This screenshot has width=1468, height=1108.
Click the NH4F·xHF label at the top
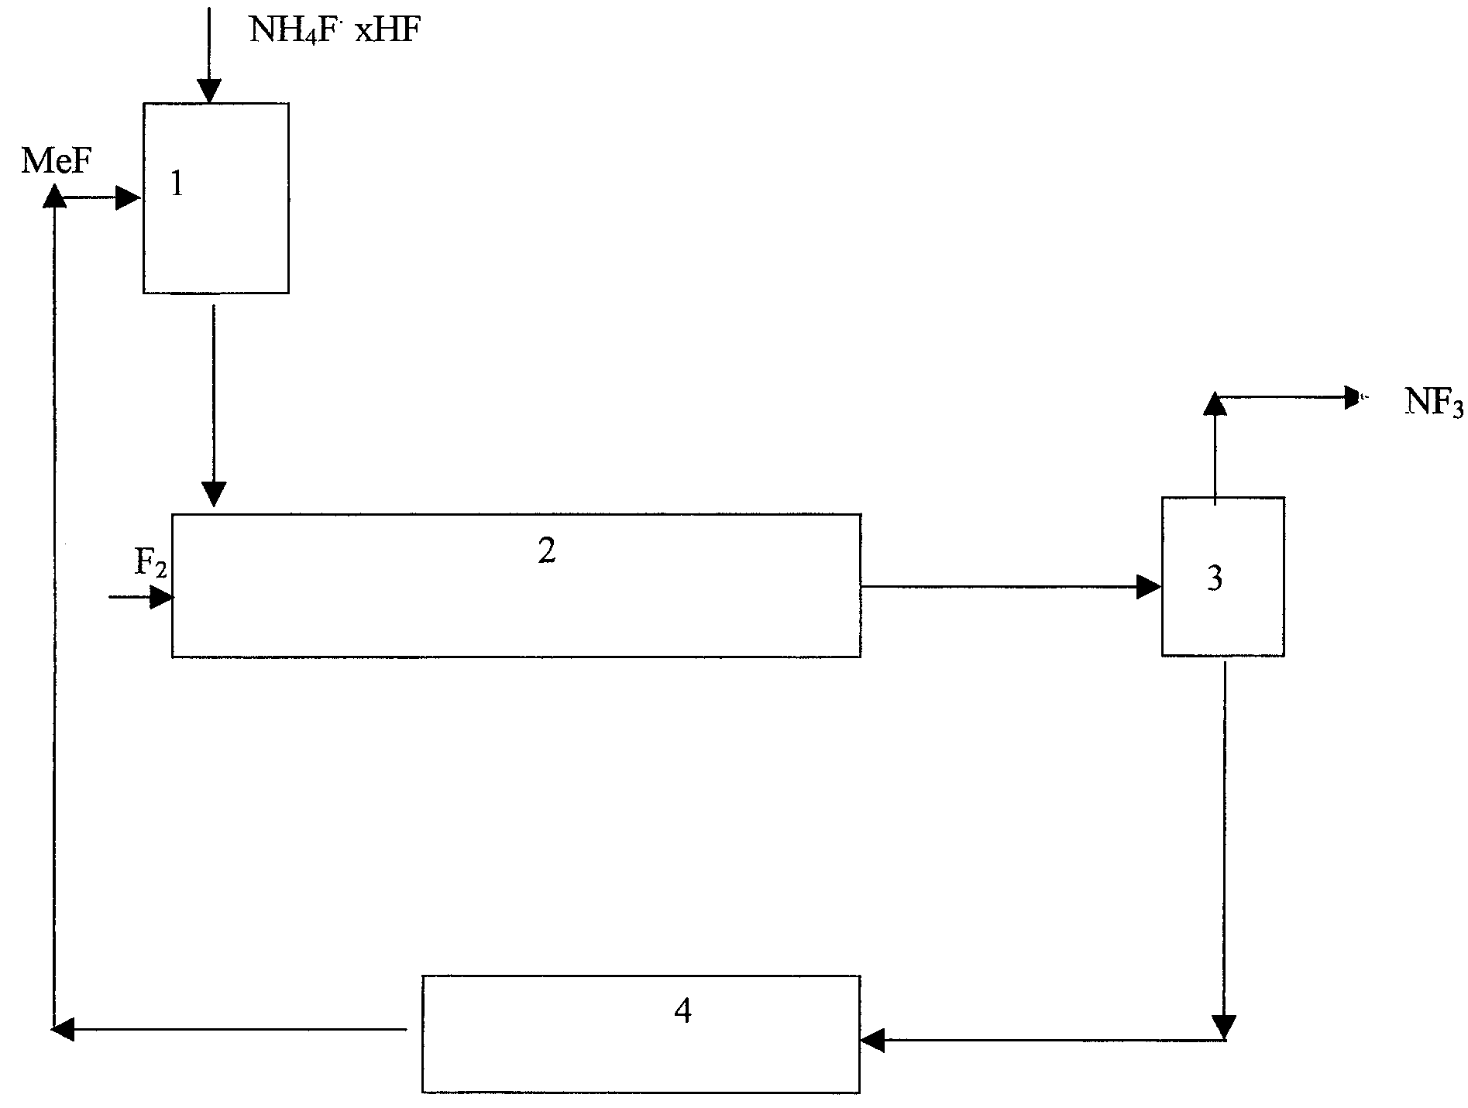335,29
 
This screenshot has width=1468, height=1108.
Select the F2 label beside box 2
150,564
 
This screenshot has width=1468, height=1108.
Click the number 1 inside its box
177,184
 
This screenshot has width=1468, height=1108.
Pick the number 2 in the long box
547,551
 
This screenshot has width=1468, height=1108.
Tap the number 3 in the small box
1215,578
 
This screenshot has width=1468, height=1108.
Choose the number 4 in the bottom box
682,1010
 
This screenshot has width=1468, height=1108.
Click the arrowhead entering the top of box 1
209,91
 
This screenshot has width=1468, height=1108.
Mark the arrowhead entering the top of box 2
214,494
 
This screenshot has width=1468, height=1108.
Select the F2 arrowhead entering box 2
162,597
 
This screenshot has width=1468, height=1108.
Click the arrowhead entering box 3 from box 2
1149,586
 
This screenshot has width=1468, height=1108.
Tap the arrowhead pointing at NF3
1355,397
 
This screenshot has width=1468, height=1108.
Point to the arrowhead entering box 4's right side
872,1040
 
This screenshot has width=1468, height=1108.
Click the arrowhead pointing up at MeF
54,196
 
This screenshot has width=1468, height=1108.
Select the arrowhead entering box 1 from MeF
128,198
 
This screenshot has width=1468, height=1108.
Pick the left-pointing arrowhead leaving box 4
62,1029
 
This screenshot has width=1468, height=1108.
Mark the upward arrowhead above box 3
1215,404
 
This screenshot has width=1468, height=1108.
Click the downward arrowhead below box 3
1224,1027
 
